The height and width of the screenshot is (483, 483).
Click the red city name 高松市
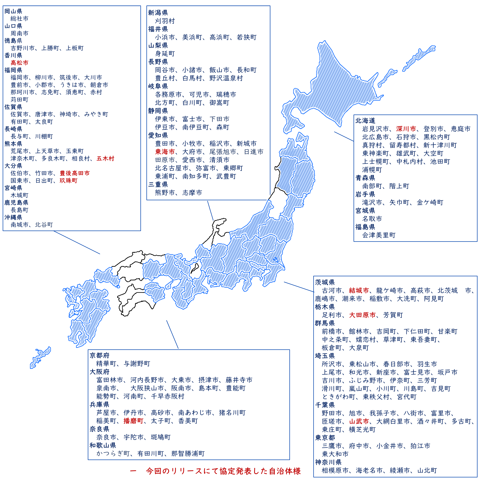point(20,63)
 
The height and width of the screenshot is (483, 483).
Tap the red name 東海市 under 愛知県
point(165,152)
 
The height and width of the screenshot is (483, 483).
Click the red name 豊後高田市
point(74,173)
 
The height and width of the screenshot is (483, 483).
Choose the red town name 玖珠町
point(68,181)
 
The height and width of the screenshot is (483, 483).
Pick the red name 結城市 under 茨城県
point(359,290)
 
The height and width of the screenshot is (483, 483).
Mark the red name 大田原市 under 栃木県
point(362,315)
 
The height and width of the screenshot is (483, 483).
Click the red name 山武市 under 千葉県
point(359,422)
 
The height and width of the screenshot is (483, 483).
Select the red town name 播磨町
point(133,421)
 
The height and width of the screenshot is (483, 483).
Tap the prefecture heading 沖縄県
point(13,217)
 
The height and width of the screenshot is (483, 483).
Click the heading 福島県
point(365,227)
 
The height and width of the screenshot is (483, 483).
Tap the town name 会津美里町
point(379,235)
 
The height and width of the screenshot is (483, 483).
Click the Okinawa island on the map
point(40,358)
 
